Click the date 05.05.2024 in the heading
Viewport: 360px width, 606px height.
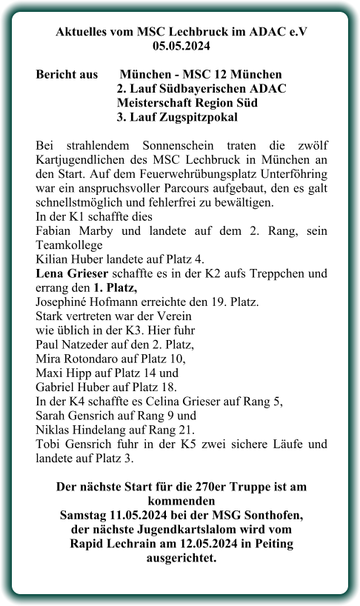click(x=181, y=47)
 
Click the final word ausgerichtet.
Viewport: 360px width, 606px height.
click(x=181, y=557)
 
